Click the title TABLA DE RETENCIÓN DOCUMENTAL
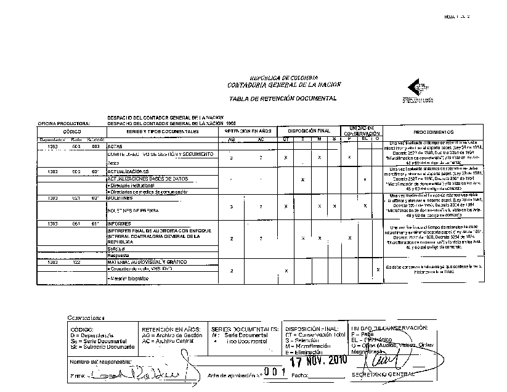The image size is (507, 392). pos(282,99)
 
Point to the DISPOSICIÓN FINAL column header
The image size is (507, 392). pos(307,131)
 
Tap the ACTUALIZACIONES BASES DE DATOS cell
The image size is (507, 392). pos(147,179)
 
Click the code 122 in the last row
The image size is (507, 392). pos(76,262)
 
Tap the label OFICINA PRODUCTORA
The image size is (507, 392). pos(64,123)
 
